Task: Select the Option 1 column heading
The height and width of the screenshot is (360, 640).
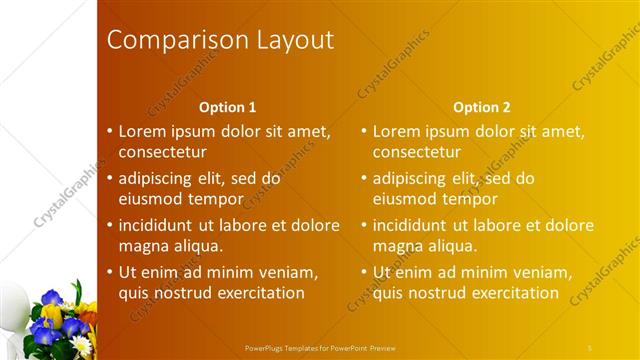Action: click(227, 107)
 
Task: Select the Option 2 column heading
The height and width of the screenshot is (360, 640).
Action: click(481, 107)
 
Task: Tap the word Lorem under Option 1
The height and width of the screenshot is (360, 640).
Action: click(142, 131)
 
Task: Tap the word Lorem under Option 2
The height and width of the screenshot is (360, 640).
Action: click(396, 131)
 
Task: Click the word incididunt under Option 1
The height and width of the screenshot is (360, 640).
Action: click(160, 225)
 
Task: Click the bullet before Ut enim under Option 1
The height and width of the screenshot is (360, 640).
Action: click(110, 272)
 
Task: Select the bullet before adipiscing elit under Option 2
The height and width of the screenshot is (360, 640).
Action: click(364, 178)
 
